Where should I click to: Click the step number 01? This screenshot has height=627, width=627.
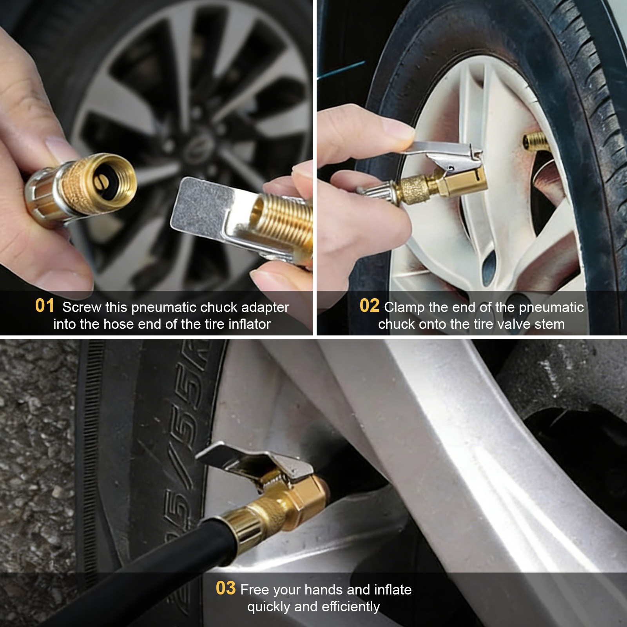coord(44,306)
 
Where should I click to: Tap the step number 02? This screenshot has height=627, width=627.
coord(369,306)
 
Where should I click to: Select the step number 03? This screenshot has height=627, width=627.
coord(225,588)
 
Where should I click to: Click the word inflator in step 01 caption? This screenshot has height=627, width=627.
coord(249,324)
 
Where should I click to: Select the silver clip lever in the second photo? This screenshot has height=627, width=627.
coord(447,150)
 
